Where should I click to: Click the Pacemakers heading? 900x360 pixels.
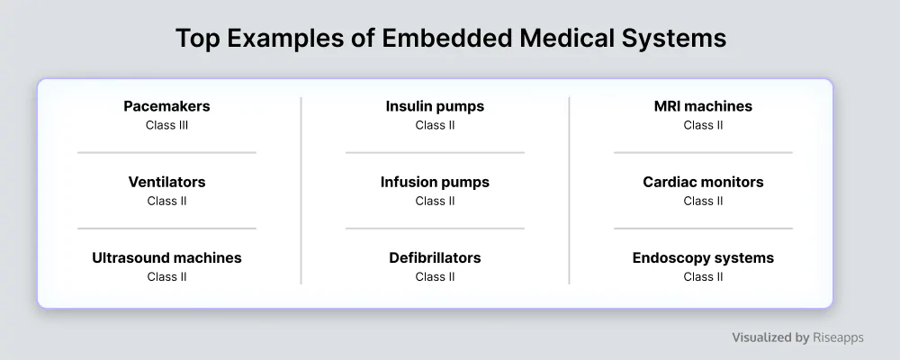pyautogui.click(x=167, y=106)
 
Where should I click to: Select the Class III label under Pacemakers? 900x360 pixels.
pyautogui.click(x=167, y=125)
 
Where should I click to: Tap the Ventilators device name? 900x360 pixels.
pyautogui.click(x=167, y=182)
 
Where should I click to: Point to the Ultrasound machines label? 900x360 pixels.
pyautogui.click(x=167, y=257)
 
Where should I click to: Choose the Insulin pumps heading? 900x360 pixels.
pyautogui.click(x=435, y=106)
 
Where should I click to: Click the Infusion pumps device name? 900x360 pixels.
pyautogui.click(x=435, y=182)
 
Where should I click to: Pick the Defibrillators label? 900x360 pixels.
pyautogui.click(x=435, y=257)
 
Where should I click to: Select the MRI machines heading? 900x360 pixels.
pyautogui.click(x=703, y=106)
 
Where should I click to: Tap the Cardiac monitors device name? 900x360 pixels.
pyautogui.click(x=703, y=182)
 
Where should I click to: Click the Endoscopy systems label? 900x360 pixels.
pyautogui.click(x=703, y=257)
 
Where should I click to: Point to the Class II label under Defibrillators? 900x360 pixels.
pyautogui.click(x=435, y=276)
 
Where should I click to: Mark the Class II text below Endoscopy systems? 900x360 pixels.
pyautogui.click(x=703, y=276)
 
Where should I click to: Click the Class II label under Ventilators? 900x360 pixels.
pyautogui.click(x=167, y=201)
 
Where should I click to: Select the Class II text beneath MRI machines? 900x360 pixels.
pyautogui.click(x=703, y=125)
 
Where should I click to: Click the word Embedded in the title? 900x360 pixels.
pyautogui.click(x=446, y=39)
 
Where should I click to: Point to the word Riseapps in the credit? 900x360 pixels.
pyautogui.click(x=838, y=337)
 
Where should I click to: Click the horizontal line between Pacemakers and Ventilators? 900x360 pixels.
pyautogui.click(x=167, y=153)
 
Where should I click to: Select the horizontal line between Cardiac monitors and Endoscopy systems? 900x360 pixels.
pyautogui.click(x=703, y=229)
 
